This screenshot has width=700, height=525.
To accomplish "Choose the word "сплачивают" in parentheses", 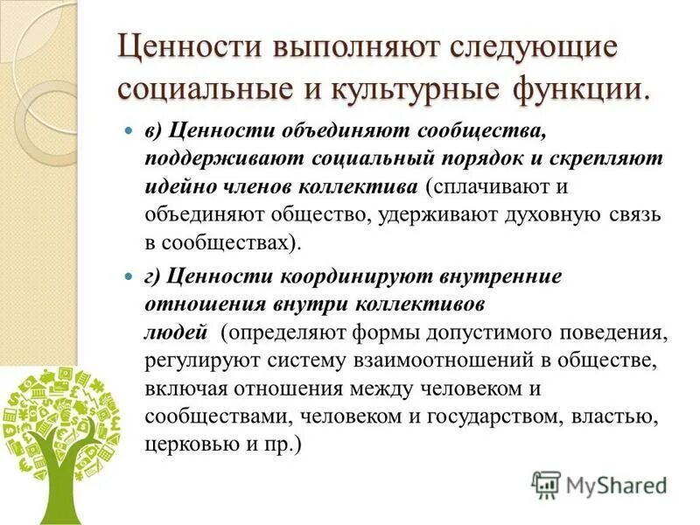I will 486,187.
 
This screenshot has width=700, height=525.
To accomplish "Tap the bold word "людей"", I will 176,332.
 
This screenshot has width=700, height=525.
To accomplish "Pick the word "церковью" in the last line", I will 192,444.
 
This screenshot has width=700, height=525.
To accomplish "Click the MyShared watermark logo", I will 598,484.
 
